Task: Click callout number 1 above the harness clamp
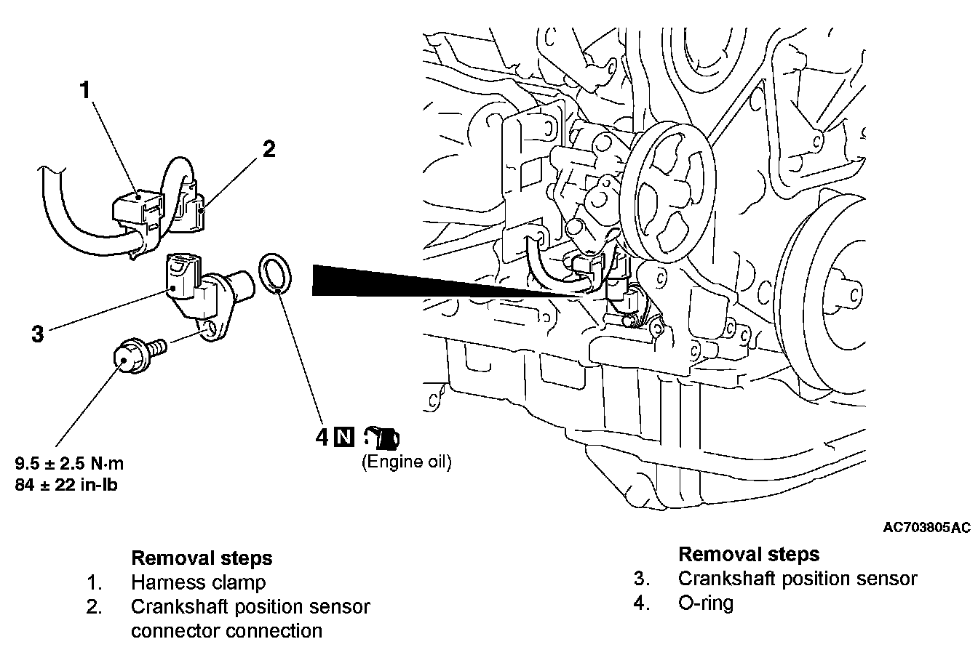coord(86,91)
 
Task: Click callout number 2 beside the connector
coord(269,149)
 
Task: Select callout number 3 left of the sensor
coord(38,334)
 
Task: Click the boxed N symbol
coord(343,437)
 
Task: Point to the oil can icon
coord(383,437)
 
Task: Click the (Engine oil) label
coord(406,462)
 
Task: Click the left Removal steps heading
coord(202,558)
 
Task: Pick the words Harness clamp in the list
coord(199,582)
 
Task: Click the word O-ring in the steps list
coord(705,603)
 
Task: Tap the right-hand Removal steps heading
coord(749,554)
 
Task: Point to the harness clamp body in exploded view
coord(135,208)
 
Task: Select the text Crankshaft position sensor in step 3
coord(798,579)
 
